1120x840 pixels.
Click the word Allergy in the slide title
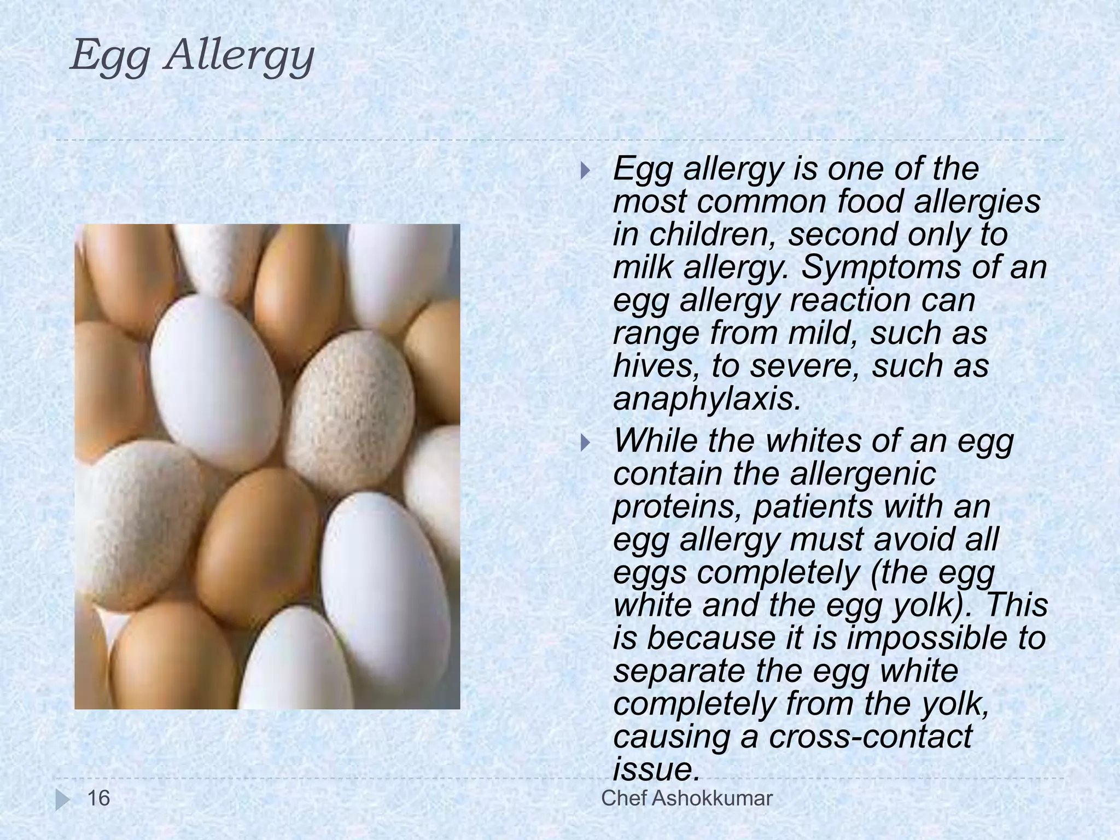coord(240,56)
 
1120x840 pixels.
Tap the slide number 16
coord(99,798)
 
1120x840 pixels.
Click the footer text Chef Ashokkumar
coord(686,798)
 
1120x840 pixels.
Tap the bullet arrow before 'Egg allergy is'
coord(585,171)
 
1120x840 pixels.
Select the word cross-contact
coord(870,736)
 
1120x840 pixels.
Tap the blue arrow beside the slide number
coord(62,800)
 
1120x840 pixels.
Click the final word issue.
coord(655,769)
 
